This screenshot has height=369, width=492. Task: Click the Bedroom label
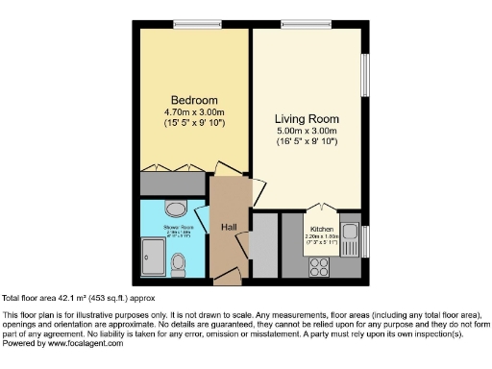point(194,100)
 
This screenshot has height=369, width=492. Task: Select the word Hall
point(230,227)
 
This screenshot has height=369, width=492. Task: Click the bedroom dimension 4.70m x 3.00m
point(194,112)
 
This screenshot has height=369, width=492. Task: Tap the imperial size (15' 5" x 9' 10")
point(194,123)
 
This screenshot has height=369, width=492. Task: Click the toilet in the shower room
point(178,262)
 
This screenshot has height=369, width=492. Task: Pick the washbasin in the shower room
point(176,209)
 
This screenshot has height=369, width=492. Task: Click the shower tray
point(154,257)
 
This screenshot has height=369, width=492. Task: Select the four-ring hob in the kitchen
point(318,266)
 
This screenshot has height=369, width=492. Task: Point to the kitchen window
point(366,238)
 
